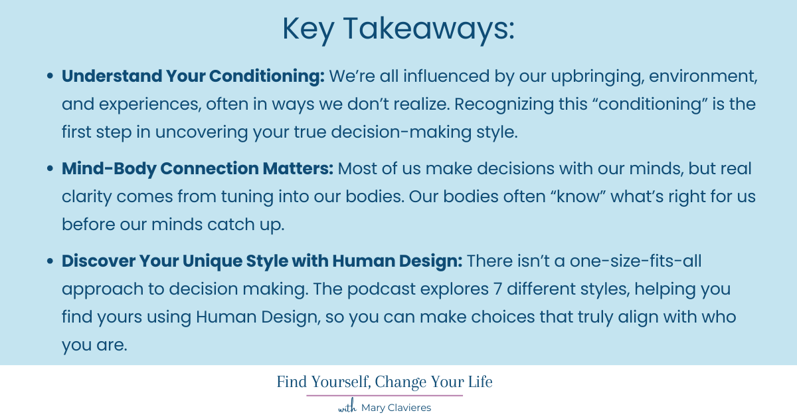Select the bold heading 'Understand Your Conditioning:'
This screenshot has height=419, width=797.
click(193, 76)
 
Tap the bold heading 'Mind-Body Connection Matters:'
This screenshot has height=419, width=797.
click(197, 169)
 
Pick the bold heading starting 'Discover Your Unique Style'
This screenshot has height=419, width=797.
click(262, 261)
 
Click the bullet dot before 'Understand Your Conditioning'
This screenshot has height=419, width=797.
click(50, 77)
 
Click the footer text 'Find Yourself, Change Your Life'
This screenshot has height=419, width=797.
click(385, 382)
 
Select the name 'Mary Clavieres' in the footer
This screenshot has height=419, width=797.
click(396, 408)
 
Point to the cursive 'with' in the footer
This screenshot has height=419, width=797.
click(347, 408)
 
